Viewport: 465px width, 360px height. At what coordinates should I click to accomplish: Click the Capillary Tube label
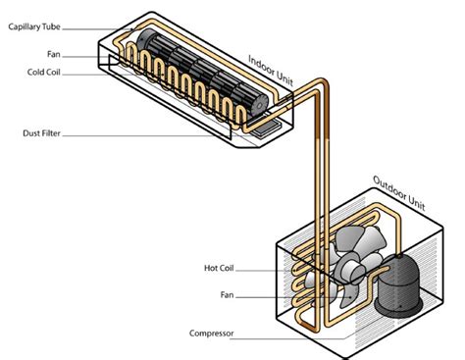34,26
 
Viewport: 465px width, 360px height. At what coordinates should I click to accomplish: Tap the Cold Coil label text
44,72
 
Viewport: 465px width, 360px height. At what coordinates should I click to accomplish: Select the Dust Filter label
41,133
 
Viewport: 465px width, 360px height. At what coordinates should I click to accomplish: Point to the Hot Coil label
219,268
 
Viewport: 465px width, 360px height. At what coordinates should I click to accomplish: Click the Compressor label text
212,334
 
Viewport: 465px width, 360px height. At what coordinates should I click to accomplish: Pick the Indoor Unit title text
271,70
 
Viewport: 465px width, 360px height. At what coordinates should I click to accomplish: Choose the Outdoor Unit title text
399,193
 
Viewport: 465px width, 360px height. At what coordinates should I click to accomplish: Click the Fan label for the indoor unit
54,54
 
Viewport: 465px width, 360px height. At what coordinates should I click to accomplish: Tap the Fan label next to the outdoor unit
227,295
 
